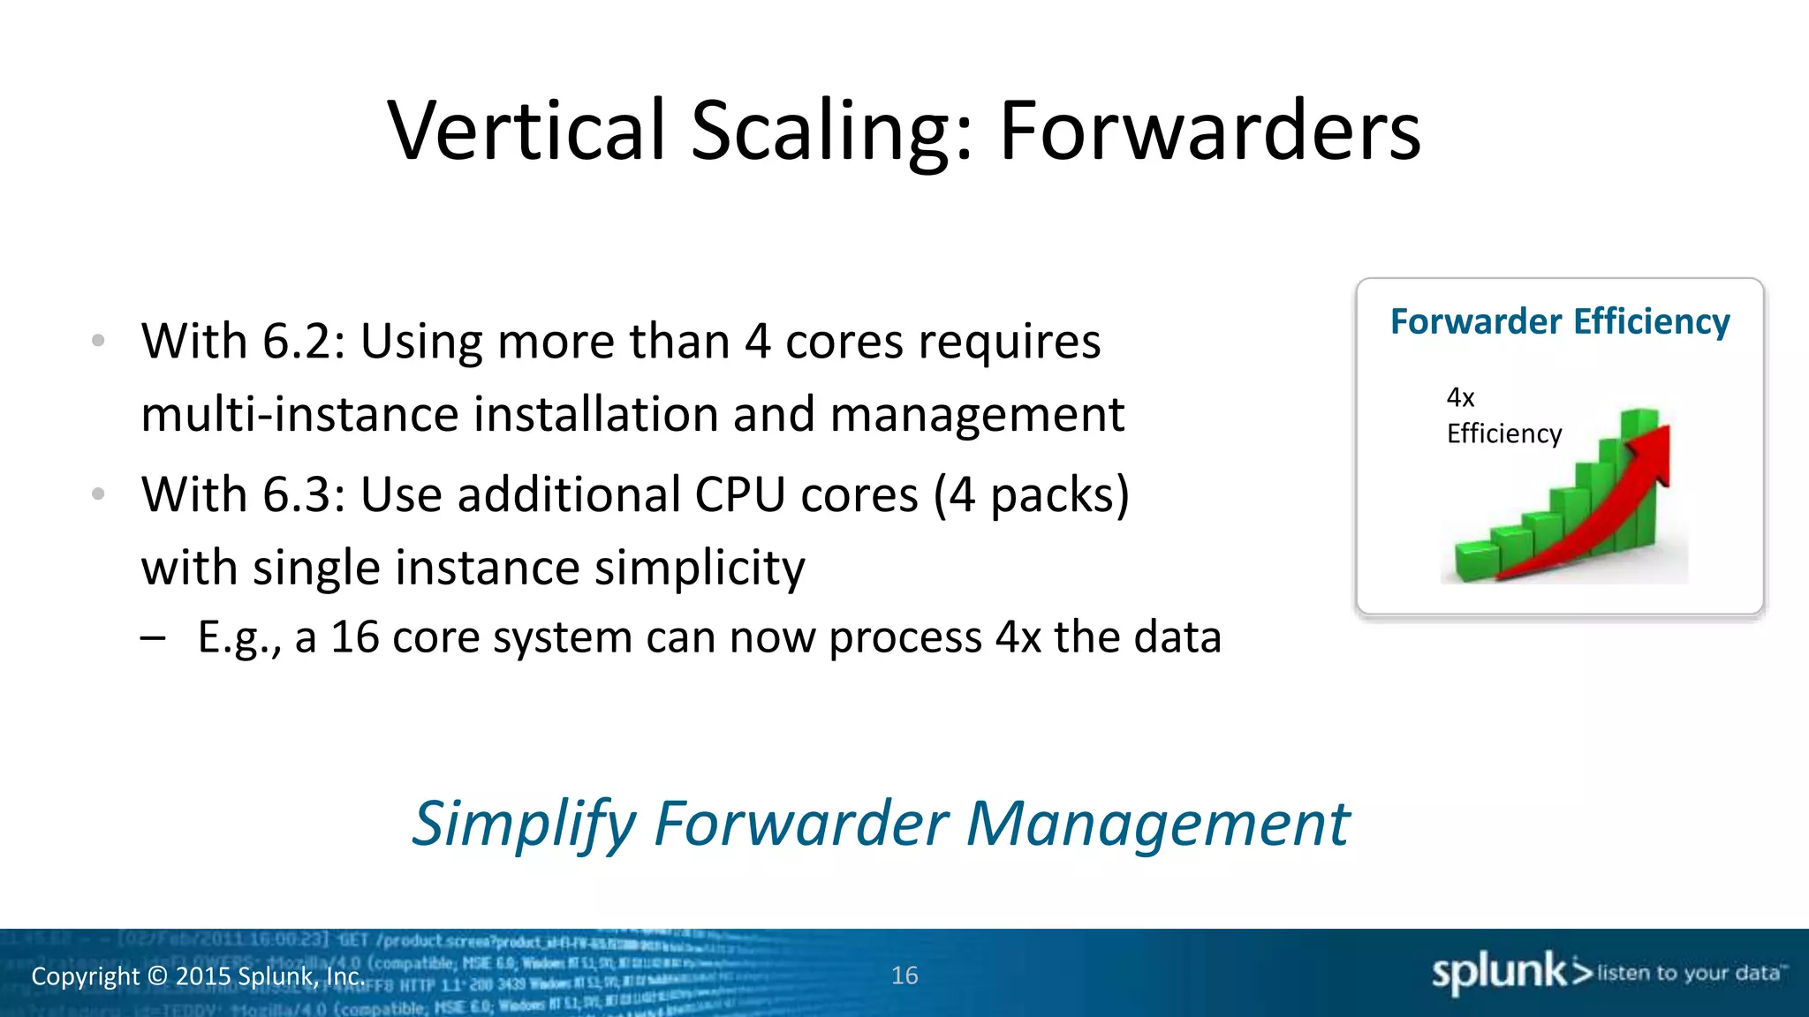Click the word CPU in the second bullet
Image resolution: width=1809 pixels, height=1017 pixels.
(739, 494)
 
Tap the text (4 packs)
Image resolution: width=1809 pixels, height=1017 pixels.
(1031, 494)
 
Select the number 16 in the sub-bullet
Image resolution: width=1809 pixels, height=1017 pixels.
(355, 637)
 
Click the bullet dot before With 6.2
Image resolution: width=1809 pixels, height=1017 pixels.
(98, 340)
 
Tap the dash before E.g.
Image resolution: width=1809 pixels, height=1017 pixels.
(153, 638)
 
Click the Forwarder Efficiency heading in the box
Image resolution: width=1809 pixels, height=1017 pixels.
(1560, 321)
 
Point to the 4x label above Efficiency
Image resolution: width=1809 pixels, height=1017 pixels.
(1460, 397)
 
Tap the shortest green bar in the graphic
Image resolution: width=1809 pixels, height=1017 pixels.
(1477, 562)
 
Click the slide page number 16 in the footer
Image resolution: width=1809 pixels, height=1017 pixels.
(904, 976)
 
